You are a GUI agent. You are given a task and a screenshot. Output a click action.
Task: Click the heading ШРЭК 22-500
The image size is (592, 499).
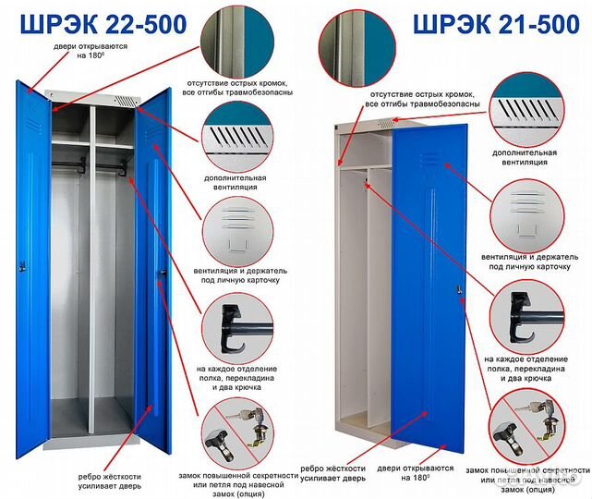[x=103, y=24]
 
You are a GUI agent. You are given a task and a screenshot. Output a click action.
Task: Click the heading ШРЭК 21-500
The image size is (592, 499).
[x=497, y=24]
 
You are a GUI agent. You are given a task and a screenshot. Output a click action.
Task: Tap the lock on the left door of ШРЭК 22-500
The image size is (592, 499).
[x=22, y=266]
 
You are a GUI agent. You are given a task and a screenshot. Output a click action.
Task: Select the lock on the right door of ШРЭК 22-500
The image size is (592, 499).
[x=163, y=274]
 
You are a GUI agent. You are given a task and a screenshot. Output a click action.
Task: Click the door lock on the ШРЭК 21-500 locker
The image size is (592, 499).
[x=460, y=289]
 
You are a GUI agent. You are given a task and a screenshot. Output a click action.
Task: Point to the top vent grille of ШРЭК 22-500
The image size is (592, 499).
[x=125, y=101]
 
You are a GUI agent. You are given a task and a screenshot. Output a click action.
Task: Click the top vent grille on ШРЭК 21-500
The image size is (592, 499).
[x=384, y=123]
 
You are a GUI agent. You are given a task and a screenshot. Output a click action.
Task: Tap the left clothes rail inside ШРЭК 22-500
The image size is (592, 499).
[x=68, y=164]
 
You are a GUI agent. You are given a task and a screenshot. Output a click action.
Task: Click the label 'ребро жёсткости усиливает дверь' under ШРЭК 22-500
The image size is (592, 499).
[x=110, y=481]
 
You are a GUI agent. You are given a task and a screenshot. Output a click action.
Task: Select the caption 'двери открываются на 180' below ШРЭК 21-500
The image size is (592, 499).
[x=416, y=473]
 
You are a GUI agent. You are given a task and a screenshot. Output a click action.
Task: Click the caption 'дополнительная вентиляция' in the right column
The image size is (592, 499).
[x=525, y=157]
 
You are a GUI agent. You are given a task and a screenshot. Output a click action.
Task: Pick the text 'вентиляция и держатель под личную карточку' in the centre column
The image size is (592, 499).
[x=240, y=275]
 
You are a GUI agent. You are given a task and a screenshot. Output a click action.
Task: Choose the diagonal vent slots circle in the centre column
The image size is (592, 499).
[x=237, y=137]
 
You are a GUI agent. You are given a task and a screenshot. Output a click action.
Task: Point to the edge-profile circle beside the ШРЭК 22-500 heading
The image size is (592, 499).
[x=237, y=41]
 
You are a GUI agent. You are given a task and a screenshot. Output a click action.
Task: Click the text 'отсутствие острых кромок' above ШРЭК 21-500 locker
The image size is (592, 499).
[x=422, y=94]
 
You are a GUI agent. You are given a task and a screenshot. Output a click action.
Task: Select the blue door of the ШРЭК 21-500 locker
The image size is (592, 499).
[x=429, y=287]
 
